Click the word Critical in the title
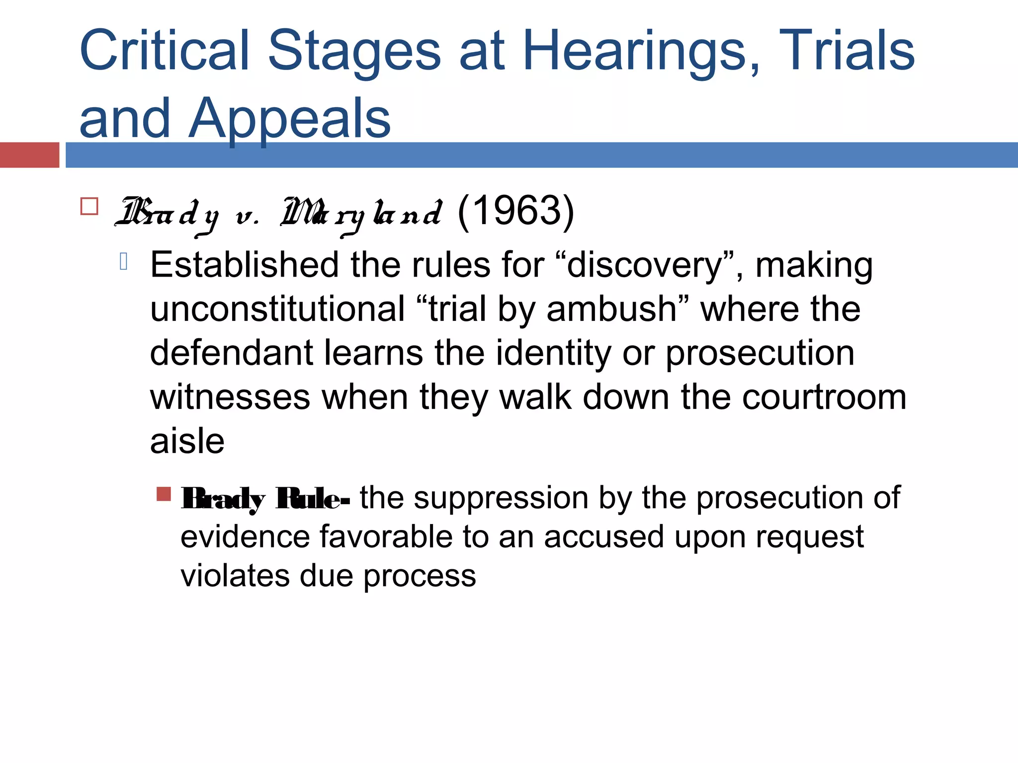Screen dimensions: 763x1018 point(164,51)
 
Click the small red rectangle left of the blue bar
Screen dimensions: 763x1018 point(29,155)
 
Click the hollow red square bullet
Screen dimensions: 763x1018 point(89,206)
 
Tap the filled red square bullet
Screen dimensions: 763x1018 point(164,494)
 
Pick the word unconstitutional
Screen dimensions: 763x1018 point(277,309)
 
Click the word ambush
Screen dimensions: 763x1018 point(611,309)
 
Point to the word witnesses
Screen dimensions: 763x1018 point(230,397)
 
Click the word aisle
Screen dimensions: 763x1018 point(187,441)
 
